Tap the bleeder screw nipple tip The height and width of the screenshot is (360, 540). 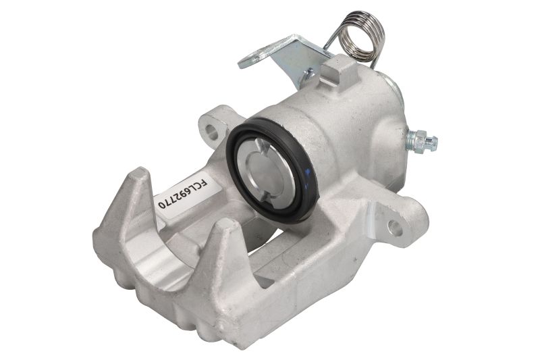[434, 140]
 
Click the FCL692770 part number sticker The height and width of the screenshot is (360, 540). [188, 194]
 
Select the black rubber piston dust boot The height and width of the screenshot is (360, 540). [272, 169]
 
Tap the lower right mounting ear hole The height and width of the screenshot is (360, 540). [395, 228]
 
